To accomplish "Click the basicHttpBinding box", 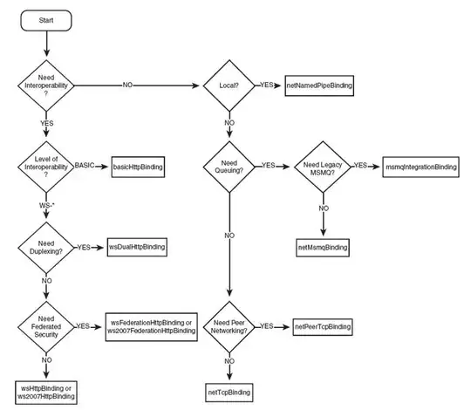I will (x=140, y=167).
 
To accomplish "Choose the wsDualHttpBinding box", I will (x=136, y=248).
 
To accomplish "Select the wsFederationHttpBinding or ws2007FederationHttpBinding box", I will (x=151, y=326).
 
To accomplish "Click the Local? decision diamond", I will (x=229, y=86).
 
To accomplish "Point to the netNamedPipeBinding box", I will (x=318, y=86).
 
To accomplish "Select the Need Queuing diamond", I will (x=229, y=166).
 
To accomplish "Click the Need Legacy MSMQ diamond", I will (x=324, y=166).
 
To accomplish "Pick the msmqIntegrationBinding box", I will (x=420, y=166).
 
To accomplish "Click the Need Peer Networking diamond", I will (x=229, y=326).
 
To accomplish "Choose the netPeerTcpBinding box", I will (x=323, y=326).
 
